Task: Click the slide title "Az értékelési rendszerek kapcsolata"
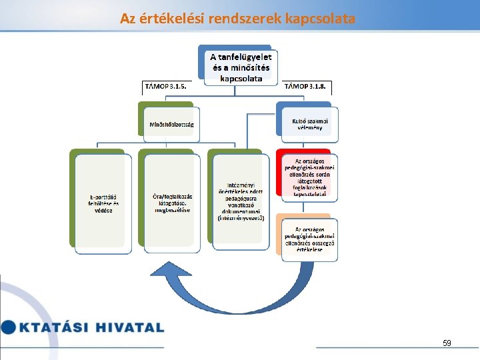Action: [x=237, y=18]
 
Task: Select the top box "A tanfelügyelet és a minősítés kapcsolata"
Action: [x=241, y=67]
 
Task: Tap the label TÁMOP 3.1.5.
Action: [x=165, y=86]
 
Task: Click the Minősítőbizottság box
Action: [x=171, y=123]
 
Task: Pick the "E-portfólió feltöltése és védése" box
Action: [x=103, y=203]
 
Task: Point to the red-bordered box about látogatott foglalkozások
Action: [x=309, y=177]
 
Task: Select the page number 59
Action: [x=447, y=343]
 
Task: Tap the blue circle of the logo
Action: [x=7, y=327]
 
